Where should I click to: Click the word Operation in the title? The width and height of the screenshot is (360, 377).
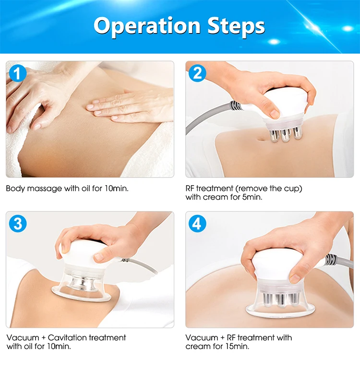[147, 26]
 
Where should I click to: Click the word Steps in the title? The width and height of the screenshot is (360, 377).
[236, 26]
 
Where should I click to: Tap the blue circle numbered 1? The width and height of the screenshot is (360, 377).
[18, 73]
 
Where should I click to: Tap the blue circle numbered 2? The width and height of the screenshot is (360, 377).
[197, 73]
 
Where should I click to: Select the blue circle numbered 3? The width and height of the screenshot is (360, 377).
[18, 224]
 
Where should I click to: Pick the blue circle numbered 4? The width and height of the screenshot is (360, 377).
[197, 224]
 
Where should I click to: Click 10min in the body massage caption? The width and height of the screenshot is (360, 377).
[117, 188]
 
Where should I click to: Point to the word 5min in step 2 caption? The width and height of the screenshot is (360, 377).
[252, 197]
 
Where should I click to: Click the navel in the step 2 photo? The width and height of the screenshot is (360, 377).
[261, 139]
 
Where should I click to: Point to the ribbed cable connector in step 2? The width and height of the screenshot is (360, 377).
[236, 106]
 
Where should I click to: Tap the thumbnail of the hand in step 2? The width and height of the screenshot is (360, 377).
[275, 114]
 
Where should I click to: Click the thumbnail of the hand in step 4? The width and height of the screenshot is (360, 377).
[295, 278]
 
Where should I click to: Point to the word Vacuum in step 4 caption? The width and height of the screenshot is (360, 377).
[202, 338]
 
